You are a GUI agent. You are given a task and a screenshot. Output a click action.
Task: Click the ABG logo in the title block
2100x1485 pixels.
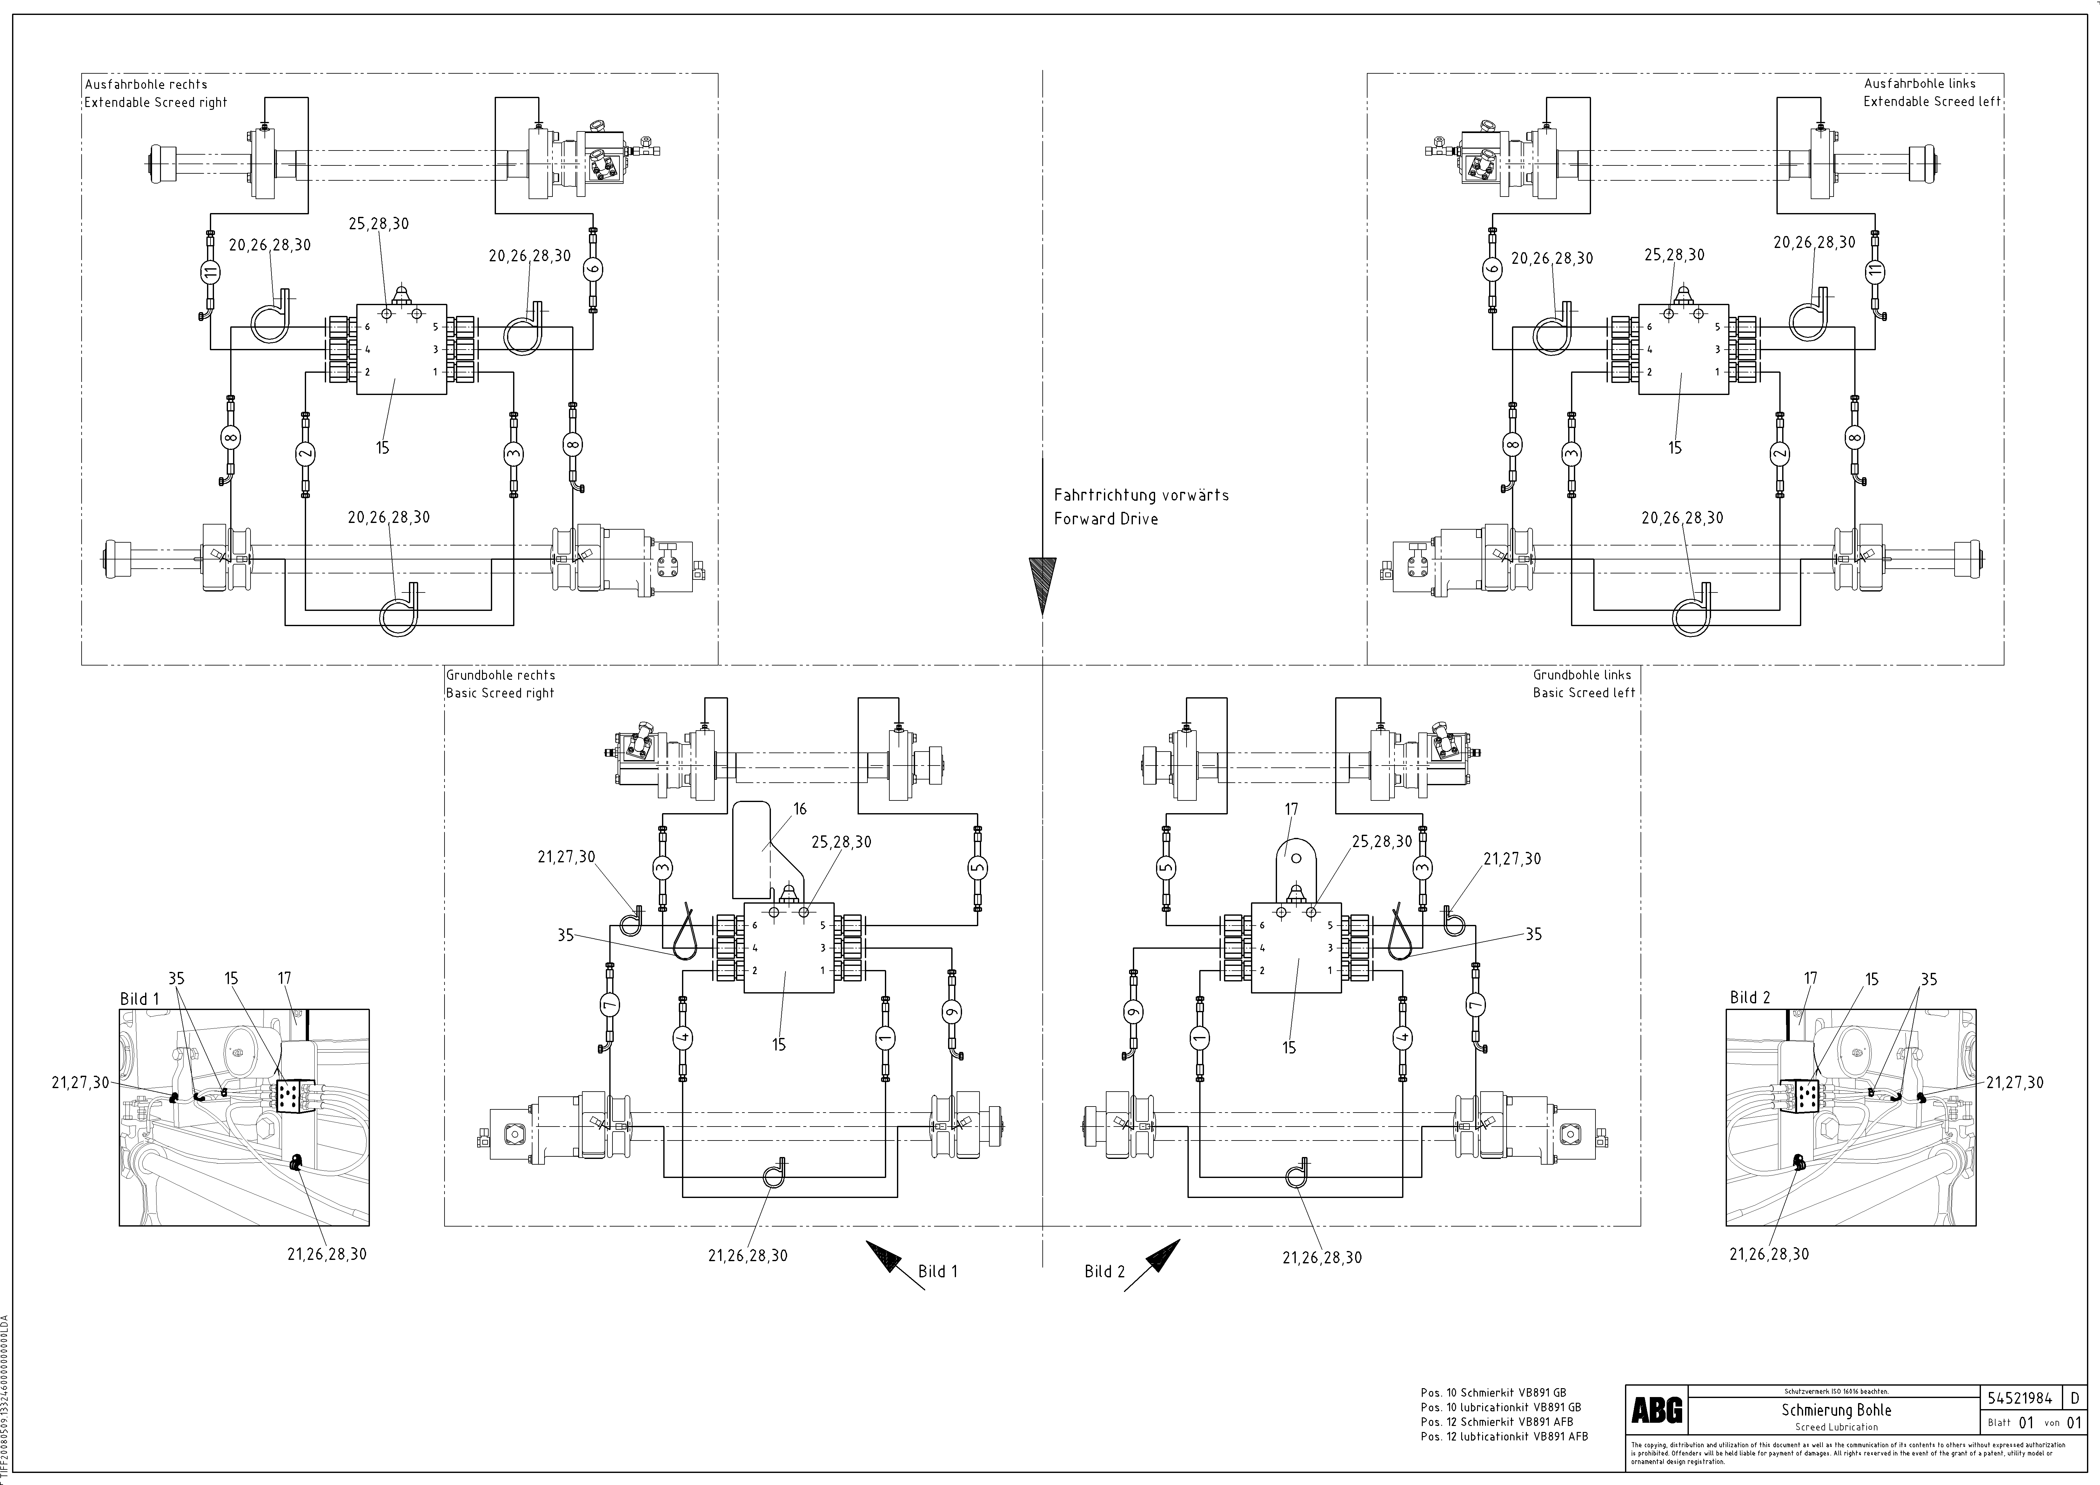click(1656, 1411)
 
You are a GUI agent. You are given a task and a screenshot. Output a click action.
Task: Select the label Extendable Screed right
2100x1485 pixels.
click(156, 103)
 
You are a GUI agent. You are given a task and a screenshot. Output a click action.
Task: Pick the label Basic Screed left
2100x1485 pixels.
click(1583, 693)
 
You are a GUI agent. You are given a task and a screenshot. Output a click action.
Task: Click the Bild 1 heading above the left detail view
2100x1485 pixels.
click(139, 999)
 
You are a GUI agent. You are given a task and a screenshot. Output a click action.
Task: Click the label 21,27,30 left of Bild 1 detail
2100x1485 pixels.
click(80, 1083)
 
